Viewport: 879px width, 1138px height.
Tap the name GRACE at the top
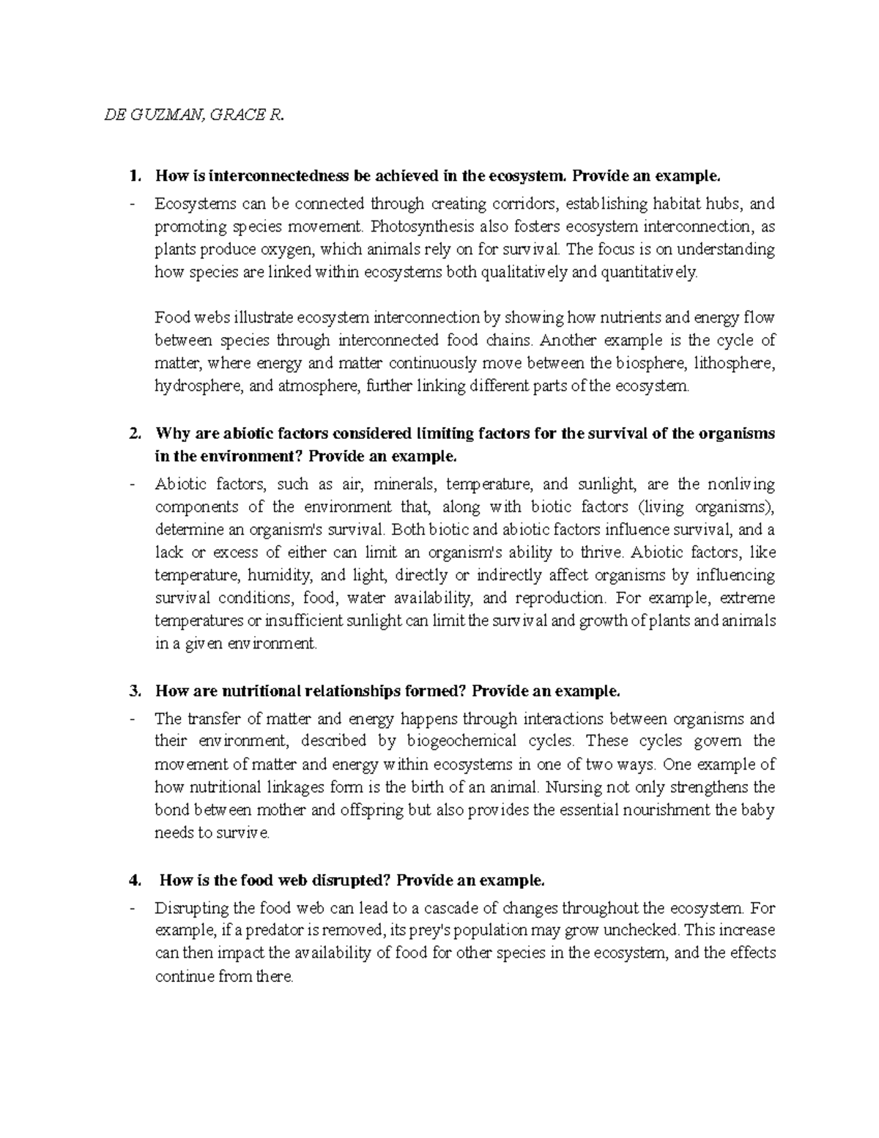[x=230, y=114]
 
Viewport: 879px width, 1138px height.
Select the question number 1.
[x=133, y=176]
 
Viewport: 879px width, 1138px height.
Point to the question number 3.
[x=133, y=691]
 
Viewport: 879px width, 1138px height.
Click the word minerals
[x=402, y=484]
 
